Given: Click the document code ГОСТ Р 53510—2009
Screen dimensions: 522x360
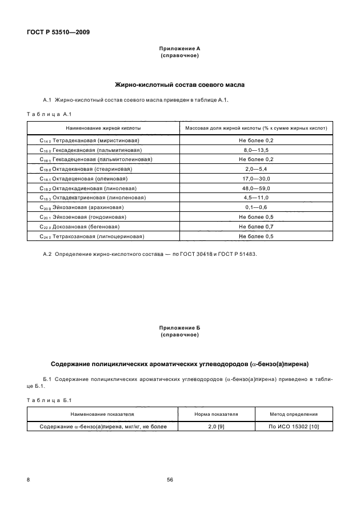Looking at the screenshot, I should pyautogui.click(x=58, y=32).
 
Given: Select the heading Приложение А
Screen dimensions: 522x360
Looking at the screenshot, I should pyautogui.click(x=179, y=49).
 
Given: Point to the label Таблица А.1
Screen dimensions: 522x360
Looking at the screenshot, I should pyautogui.click(x=47, y=114).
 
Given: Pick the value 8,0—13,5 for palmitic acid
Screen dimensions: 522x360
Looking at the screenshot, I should pyautogui.click(x=257, y=150).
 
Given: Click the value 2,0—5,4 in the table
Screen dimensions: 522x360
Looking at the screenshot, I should pyautogui.click(x=257, y=169).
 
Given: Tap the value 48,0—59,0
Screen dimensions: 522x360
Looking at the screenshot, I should pyautogui.click(x=257, y=188).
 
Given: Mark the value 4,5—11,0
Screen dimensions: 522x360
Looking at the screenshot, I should pyautogui.click(x=257, y=198).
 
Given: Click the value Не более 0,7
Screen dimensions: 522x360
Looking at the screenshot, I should pyautogui.click(x=257, y=227).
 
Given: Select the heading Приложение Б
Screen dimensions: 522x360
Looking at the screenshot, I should pyautogui.click(x=179, y=328).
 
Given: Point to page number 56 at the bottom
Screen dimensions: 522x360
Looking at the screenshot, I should pyautogui.click(x=170, y=480).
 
